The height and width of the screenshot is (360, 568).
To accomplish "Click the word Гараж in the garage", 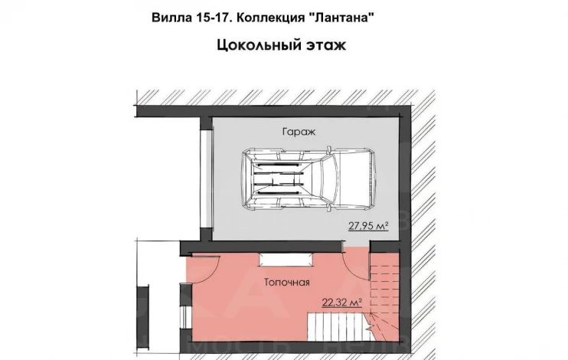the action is [x=299, y=132].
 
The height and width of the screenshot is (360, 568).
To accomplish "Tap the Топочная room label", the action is [x=287, y=282].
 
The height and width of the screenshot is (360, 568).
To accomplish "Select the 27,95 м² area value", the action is [x=368, y=226].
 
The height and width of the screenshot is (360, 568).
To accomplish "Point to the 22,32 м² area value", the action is [x=342, y=303].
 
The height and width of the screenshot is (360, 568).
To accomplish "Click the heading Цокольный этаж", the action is [x=282, y=45].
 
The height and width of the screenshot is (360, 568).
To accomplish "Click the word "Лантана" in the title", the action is [x=341, y=18].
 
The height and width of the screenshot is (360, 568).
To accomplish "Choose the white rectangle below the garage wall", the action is [x=286, y=260].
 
